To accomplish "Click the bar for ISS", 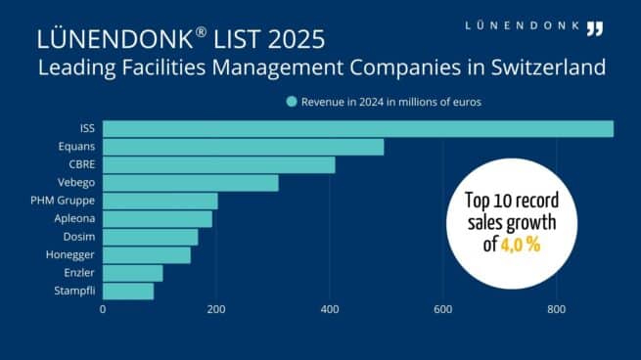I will (x=357, y=129).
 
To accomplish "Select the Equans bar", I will (x=243, y=147).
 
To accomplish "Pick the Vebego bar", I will (x=190, y=183).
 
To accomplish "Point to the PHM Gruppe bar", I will (x=160, y=201).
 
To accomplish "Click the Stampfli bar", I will (x=128, y=291).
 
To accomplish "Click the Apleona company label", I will (x=75, y=218).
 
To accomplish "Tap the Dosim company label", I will (x=80, y=237).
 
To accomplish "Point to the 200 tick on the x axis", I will (x=216, y=309).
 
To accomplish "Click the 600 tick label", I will (x=442, y=309).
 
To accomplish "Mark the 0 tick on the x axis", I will (x=103, y=309).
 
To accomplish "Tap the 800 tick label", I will (x=556, y=309).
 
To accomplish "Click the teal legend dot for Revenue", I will (x=291, y=101).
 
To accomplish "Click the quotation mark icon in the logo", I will (x=593, y=28).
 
